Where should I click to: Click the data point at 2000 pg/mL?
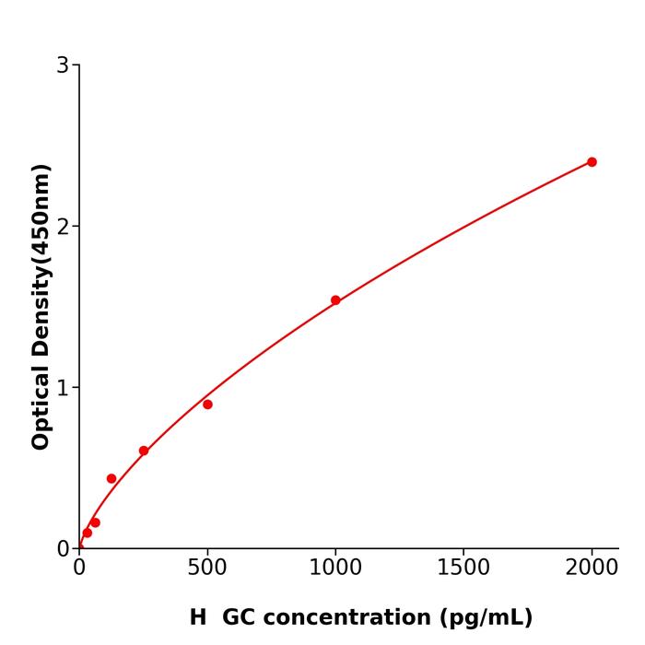point(592,162)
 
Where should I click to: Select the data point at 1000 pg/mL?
point(335,300)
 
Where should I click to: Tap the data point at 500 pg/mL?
point(207,405)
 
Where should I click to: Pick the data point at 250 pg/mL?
point(144,451)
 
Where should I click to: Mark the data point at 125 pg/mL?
point(111,479)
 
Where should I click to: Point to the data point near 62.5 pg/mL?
point(95,522)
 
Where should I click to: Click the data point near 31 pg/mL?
point(88,533)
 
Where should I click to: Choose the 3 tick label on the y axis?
point(63,65)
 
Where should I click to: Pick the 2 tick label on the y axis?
point(63,227)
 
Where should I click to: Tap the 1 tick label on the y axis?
point(63,388)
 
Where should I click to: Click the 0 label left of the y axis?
point(63,549)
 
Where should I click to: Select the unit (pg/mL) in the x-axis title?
point(485,617)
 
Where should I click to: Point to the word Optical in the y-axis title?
point(41,406)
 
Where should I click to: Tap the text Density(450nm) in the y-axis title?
point(41,262)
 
